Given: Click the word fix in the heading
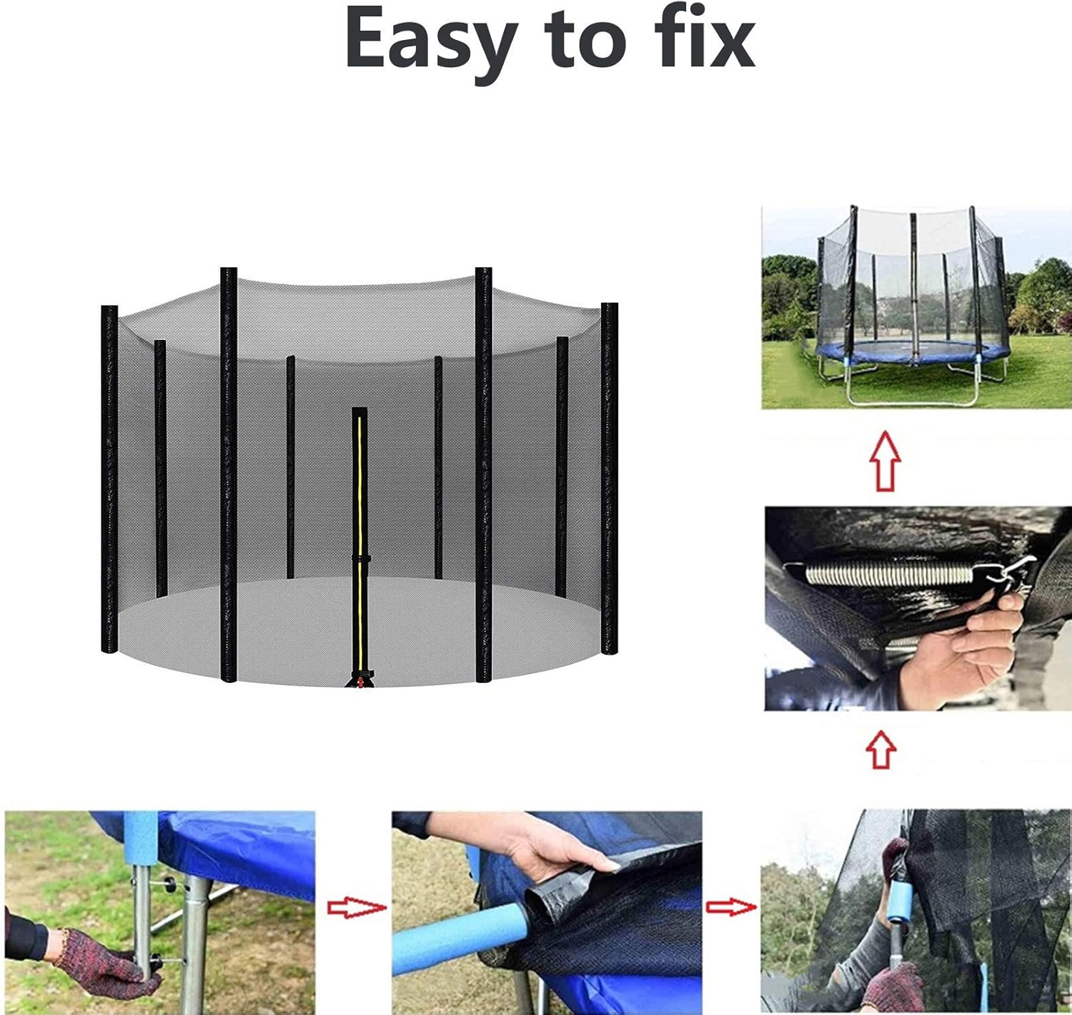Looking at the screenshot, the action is [704, 37].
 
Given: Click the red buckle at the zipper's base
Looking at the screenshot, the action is [359, 682].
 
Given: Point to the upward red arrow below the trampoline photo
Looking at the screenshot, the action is [885, 461].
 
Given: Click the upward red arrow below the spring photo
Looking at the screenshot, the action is [881, 749].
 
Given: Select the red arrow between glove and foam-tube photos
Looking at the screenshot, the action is [357, 908].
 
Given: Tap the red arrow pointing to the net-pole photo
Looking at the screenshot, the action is [731, 907].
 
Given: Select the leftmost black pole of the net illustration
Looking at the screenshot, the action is [109, 479].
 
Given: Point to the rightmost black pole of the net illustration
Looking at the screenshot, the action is [609, 478].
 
